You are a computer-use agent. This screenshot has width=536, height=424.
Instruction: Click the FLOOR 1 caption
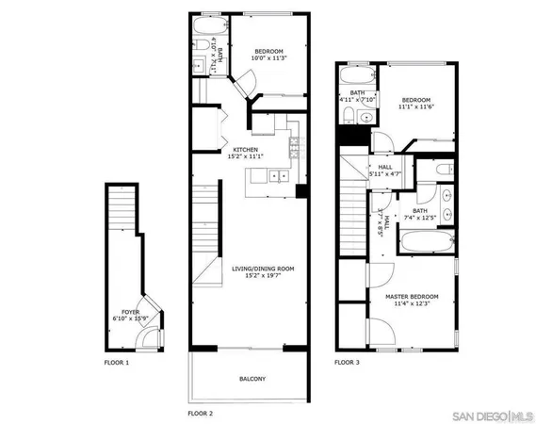118,362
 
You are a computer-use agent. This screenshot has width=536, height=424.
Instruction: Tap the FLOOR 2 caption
201,413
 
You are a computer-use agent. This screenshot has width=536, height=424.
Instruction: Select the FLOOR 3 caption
349,362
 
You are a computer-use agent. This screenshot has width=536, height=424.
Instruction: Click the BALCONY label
252,379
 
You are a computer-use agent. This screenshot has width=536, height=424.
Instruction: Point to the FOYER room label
130,312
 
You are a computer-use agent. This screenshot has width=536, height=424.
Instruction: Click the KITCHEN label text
246,150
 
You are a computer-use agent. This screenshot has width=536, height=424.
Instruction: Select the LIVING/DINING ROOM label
263,269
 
